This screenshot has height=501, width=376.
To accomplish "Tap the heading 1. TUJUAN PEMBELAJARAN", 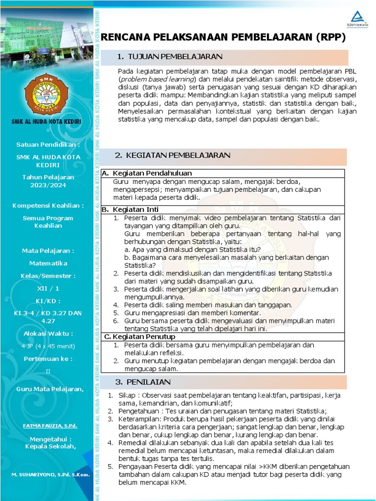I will coord(170,57).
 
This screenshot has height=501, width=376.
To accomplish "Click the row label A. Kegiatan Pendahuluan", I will coord(147,173).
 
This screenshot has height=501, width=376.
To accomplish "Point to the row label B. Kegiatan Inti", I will coord(130,209).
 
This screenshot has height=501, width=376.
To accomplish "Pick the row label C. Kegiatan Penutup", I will coord(140,337).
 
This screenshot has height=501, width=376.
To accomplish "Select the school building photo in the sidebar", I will coord(47,39).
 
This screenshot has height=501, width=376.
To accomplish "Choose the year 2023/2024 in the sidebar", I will coord(48,185).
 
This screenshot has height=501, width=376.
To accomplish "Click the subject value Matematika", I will coord(48,263).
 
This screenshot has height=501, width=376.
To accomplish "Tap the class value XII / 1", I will coord(48,289).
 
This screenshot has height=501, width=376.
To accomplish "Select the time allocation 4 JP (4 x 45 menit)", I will coord(48,346).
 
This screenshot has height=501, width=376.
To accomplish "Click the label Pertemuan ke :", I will coord(48,359).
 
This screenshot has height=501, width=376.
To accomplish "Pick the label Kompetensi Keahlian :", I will coord(48,205).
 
